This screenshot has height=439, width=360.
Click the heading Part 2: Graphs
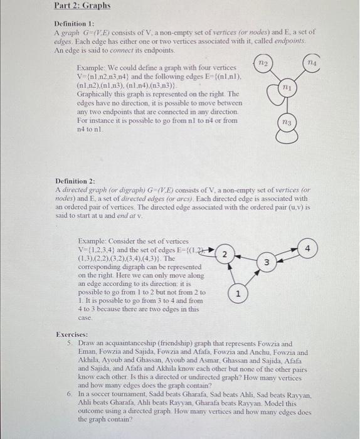point(82,6)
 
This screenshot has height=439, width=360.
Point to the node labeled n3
point(286,124)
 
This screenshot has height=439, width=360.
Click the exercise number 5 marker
point(68,344)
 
